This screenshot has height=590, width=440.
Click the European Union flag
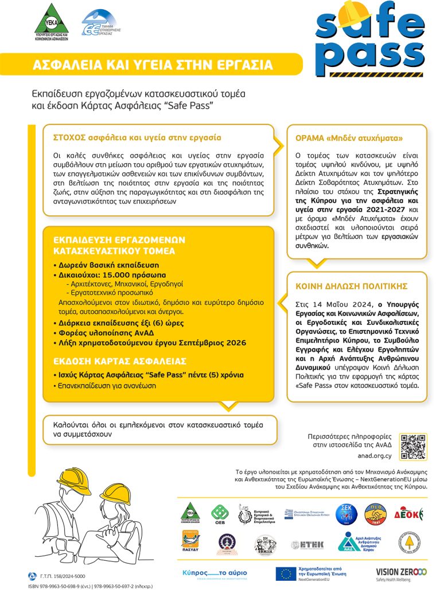pos(285,573)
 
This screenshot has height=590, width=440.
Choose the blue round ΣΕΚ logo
pos(346,513)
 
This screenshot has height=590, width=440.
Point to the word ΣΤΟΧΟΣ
pos(70,138)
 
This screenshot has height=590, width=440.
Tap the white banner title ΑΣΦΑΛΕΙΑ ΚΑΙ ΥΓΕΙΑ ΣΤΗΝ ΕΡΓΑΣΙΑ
pos(153,65)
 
